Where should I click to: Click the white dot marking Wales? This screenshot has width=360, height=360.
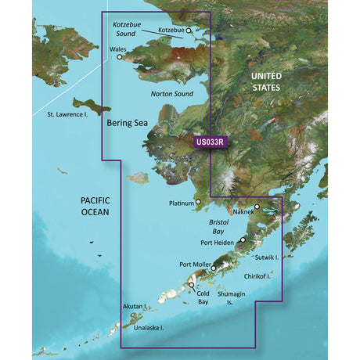click(121, 56)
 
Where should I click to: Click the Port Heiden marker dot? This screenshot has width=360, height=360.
click(243, 240)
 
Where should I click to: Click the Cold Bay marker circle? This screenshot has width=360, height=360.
click(192, 286)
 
